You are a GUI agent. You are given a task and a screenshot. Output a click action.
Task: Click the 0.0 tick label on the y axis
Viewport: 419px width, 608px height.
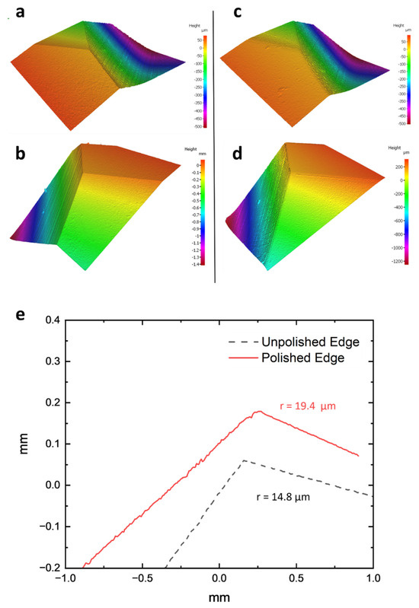[53, 485]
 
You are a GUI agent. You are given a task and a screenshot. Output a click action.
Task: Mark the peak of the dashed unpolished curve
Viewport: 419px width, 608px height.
[243, 460]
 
